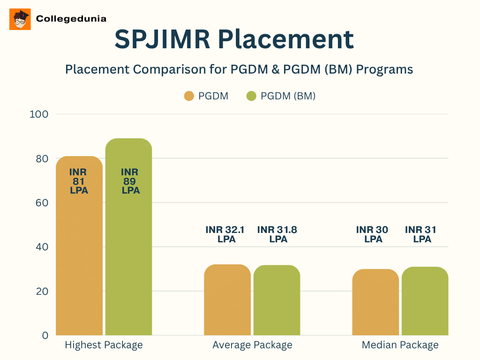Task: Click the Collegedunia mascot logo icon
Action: click(x=20, y=19)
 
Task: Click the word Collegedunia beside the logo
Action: click(x=71, y=19)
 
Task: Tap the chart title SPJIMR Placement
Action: click(x=234, y=39)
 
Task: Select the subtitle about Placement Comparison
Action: click(x=239, y=69)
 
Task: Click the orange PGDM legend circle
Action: click(x=189, y=96)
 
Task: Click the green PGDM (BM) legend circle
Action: click(x=251, y=96)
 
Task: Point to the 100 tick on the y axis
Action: click(x=38, y=114)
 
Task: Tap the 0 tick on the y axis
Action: click(x=45, y=335)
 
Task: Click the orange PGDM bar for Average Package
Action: click(x=227, y=300)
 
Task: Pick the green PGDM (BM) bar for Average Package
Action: click(x=277, y=300)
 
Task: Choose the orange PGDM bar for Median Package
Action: click(x=375, y=302)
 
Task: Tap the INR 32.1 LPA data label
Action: click(x=226, y=234)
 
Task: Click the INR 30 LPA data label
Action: click(x=373, y=234)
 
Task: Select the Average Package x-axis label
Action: click(x=252, y=345)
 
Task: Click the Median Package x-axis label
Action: click(x=400, y=345)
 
